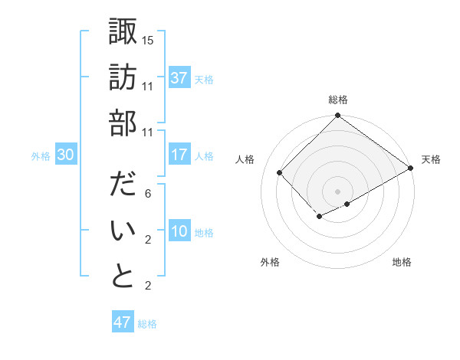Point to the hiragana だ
coord(123,187)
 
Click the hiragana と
coord(123,275)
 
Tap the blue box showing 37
coord(179,78)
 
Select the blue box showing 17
coord(179,155)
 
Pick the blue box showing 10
coord(179,232)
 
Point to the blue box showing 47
coord(123,322)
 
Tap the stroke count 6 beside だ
coord(148,195)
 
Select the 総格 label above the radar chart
coord(337,100)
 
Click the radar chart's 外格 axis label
coord(270,262)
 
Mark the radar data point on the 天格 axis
coord(411,169)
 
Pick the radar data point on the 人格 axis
coord(280,173)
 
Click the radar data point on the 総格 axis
coord(337,116)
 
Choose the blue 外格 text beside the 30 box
coord(41,156)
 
